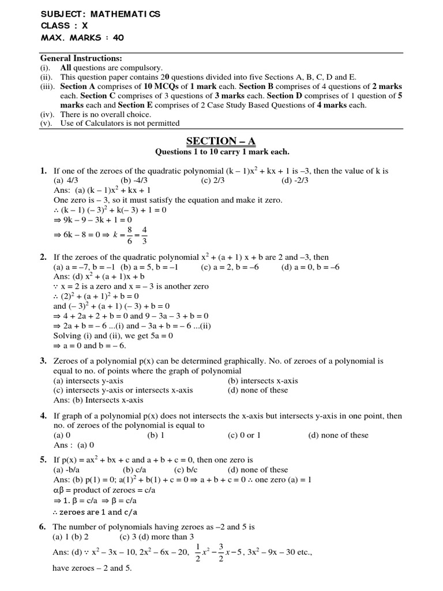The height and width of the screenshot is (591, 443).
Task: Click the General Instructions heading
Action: [81, 59]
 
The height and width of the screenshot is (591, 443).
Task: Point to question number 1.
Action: [43, 171]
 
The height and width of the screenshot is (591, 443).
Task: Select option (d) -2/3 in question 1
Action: [295, 181]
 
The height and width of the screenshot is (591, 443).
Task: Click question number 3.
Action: [43, 361]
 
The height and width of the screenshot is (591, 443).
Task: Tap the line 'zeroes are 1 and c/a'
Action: [96, 512]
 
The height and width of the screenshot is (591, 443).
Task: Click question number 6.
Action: [43, 527]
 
